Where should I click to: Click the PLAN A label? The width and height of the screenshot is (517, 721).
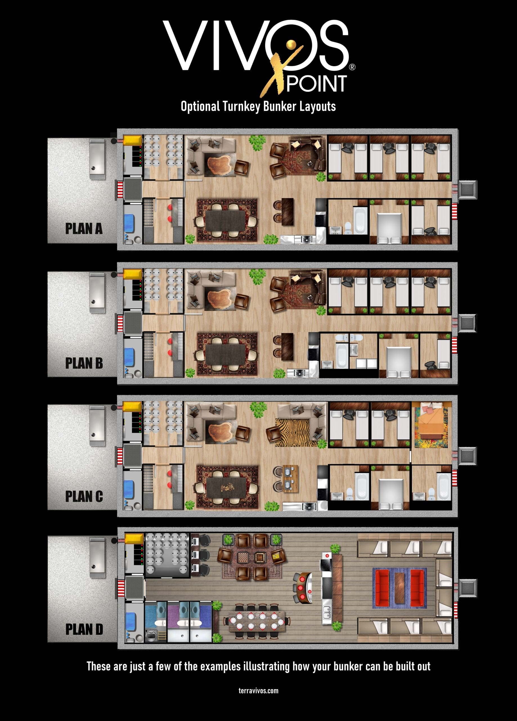[x=84, y=229]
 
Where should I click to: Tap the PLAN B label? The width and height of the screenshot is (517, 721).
[x=84, y=363]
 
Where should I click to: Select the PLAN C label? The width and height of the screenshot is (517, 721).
[x=84, y=496]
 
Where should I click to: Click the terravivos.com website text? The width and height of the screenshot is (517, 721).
[x=258, y=691]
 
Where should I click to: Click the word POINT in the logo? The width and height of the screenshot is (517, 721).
[x=316, y=84]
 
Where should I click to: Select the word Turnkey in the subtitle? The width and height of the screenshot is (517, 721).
[x=241, y=106]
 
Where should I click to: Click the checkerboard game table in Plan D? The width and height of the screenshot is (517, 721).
[x=243, y=557]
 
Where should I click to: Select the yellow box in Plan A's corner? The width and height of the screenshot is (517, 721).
[x=132, y=140]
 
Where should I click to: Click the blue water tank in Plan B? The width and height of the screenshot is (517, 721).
[x=129, y=357]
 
